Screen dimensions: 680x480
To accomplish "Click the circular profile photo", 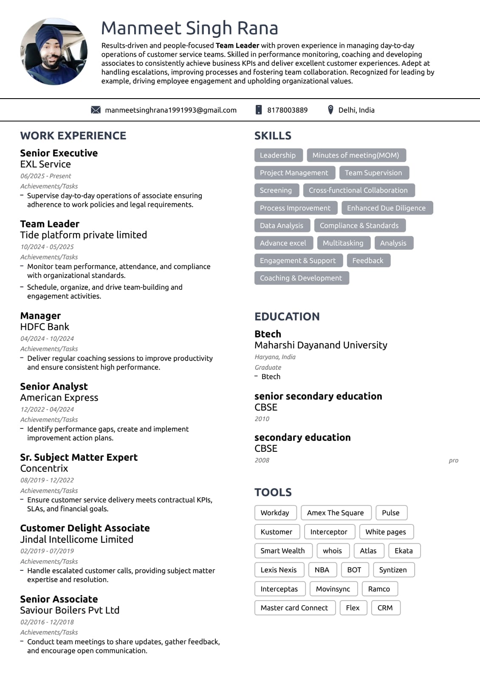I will tap(54, 51).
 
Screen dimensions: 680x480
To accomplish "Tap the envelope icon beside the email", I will tap(96, 110).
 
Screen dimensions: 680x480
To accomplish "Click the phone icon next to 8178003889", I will tap(258, 110).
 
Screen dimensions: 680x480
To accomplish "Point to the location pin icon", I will tap(330, 110).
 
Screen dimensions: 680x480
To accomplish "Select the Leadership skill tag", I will tap(278, 155).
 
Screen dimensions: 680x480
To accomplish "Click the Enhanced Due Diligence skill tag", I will tap(386, 208).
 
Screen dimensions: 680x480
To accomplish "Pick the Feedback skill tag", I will tap(368, 261).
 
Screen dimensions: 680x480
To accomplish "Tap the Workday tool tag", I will tap(275, 513).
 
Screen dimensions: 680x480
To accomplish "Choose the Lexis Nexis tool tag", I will tap(279, 569).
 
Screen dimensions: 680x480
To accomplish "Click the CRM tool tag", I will tap(385, 608).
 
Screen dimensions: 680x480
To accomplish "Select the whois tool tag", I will tap(332, 551).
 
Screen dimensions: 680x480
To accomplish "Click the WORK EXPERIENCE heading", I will tap(73, 136).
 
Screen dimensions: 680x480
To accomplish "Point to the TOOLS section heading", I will tap(273, 492).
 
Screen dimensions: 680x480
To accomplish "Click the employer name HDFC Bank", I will tap(45, 327).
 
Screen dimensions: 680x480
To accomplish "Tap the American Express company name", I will tap(59, 397).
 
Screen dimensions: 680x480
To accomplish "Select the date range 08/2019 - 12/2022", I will tap(47, 480).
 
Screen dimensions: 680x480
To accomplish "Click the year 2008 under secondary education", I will tap(262, 460).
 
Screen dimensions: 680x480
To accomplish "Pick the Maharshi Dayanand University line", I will tap(321, 345).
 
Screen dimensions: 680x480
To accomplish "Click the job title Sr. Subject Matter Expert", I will tap(79, 457).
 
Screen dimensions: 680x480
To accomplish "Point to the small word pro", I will tap(453, 460).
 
